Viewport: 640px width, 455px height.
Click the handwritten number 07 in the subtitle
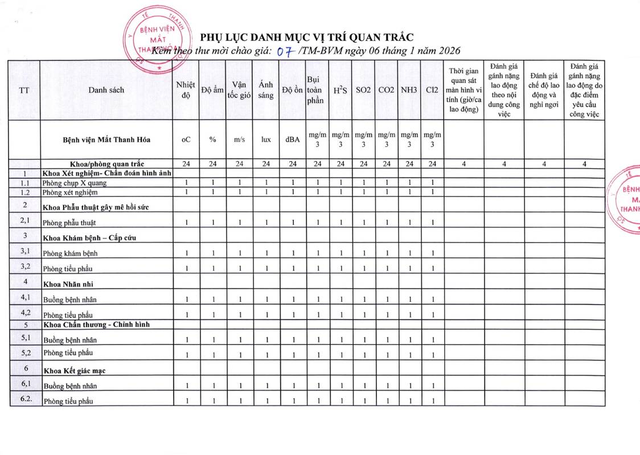tap(283, 51)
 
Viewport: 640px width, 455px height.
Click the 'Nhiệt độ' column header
tap(186, 90)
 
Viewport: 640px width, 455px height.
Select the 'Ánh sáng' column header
tap(266, 90)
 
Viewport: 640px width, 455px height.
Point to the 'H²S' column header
tap(340, 90)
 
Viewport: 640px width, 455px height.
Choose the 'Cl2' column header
tap(432, 90)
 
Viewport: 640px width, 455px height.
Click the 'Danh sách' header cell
tap(106, 90)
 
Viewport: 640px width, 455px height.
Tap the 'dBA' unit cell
tap(293, 140)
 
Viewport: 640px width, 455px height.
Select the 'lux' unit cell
tap(266, 140)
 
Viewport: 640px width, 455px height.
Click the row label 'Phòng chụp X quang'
tap(75, 183)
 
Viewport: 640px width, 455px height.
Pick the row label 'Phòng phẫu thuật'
tap(71, 223)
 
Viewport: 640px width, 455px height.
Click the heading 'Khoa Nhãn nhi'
tap(68, 283)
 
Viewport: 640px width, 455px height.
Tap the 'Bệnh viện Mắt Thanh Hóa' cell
tap(106, 140)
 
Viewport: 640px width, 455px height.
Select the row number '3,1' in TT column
tap(25, 251)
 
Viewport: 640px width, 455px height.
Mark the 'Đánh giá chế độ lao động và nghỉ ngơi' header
tap(544, 90)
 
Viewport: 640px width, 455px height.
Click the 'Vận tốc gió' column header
tap(239, 90)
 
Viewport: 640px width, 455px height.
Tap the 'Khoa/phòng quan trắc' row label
tap(106, 165)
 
